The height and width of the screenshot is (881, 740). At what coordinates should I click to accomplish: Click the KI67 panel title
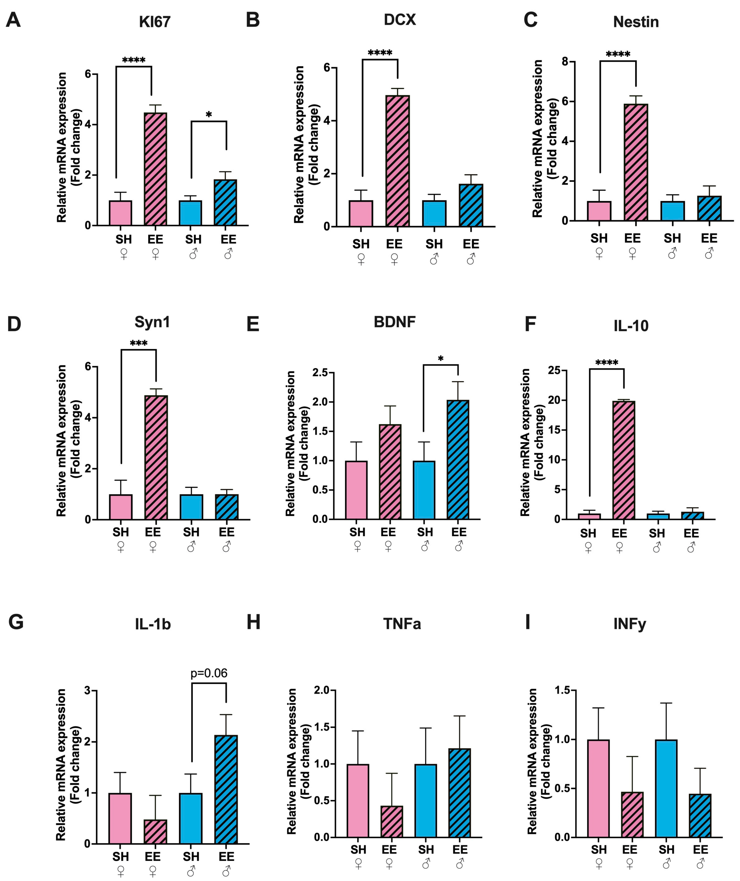(x=155, y=22)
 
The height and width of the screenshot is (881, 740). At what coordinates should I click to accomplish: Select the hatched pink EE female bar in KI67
(x=155, y=169)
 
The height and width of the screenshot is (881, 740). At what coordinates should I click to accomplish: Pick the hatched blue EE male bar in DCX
(x=471, y=205)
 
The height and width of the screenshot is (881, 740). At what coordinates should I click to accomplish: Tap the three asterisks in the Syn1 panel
(x=139, y=344)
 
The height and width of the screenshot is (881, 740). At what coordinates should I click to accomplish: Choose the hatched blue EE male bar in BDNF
(x=458, y=460)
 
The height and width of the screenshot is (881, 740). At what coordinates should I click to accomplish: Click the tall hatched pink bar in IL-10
(x=624, y=460)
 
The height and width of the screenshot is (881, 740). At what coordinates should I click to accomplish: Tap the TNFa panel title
(x=402, y=624)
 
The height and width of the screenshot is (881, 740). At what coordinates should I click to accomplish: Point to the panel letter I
(x=528, y=622)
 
